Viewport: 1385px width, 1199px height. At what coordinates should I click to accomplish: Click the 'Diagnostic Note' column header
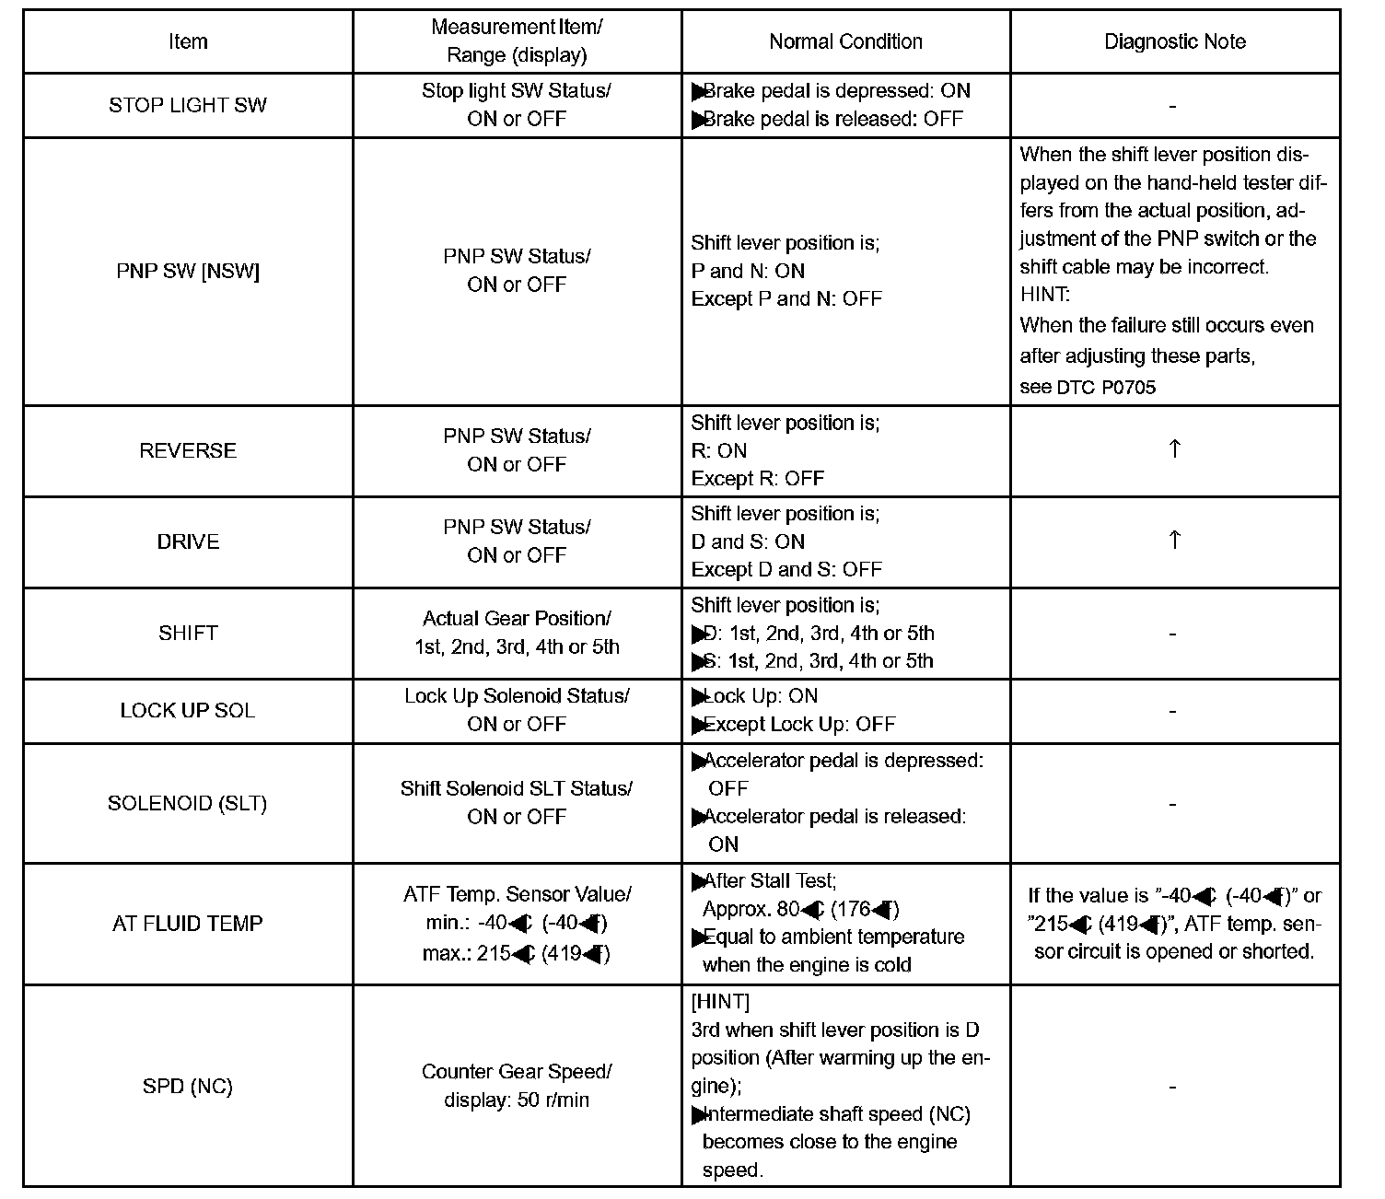(x=1174, y=41)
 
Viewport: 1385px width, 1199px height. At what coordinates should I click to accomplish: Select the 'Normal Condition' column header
(x=845, y=41)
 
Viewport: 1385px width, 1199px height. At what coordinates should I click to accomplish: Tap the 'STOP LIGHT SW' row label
(x=188, y=105)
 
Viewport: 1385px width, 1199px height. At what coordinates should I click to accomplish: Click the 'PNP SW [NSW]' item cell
(x=188, y=272)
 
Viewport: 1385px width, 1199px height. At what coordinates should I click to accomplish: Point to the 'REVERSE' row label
(x=188, y=450)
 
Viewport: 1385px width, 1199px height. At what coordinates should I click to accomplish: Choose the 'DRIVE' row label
(x=188, y=541)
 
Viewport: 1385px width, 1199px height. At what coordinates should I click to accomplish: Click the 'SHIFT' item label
(x=188, y=633)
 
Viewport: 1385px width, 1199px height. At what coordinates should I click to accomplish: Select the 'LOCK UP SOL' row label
(x=188, y=710)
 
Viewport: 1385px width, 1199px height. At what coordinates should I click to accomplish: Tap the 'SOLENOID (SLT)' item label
(x=188, y=803)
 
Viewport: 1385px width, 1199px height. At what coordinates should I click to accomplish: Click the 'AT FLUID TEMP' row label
(x=188, y=923)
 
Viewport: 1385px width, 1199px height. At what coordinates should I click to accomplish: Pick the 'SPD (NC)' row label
(x=188, y=1086)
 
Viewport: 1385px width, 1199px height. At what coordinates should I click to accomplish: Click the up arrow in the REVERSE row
(x=1174, y=448)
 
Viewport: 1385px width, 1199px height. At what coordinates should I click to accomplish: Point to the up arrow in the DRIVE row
(x=1174, y=540)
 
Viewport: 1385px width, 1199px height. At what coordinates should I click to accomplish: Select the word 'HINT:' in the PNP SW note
(x=1045, y=296)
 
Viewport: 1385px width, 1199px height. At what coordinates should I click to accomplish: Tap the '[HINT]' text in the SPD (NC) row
(x=720, y=1001)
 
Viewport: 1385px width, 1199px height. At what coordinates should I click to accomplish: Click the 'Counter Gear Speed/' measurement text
(x=517, y=1072)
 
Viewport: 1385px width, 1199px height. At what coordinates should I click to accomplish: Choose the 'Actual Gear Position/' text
(x=517, y=618)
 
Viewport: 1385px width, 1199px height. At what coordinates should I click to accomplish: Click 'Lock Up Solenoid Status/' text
(x=517, y=696)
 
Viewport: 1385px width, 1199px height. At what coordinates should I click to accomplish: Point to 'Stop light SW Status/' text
(x=517, y=90)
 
